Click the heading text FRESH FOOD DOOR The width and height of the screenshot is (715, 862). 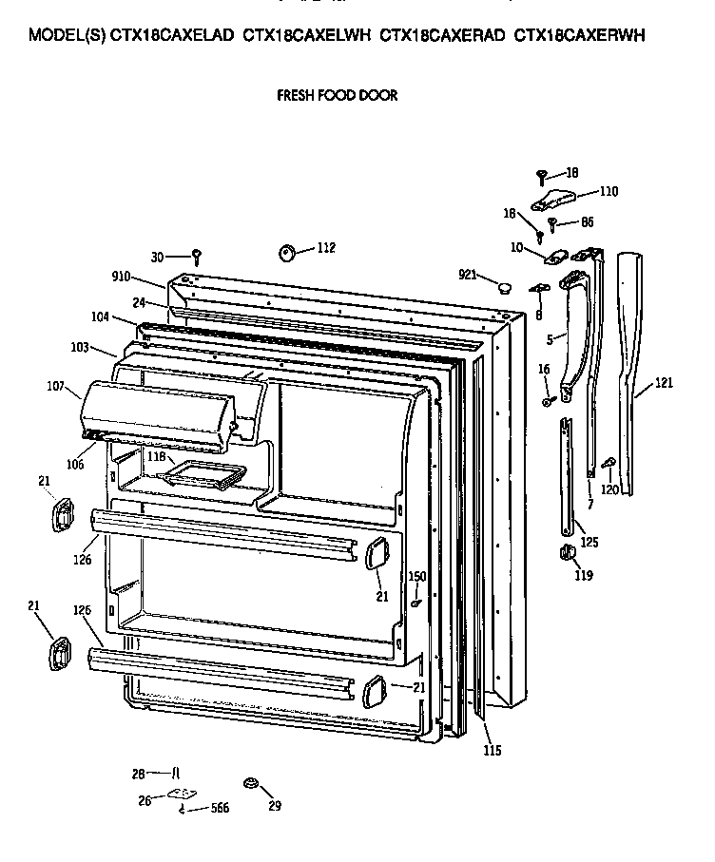(x=337, y=95)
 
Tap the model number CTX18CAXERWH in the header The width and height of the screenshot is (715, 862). (x=579, y=36)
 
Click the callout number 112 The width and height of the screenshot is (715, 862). (x=325, y=248)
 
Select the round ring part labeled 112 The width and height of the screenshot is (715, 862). (x=286, y=253)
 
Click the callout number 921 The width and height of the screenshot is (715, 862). (x=467, y=275)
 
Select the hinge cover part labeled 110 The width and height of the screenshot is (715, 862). (x=553, y=197)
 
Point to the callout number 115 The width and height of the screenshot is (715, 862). (x=491, y=751)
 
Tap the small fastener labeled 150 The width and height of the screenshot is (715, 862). (x=417, y=602)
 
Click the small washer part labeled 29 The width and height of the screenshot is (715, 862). (x=251, y=782)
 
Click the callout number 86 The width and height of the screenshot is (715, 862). (x=587, y=223)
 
